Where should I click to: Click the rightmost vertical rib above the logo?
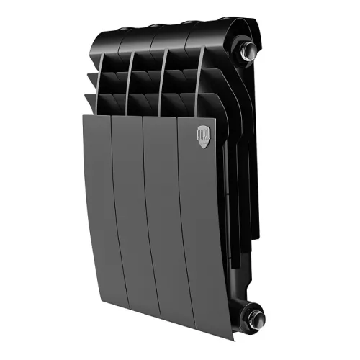click(199, 79)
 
